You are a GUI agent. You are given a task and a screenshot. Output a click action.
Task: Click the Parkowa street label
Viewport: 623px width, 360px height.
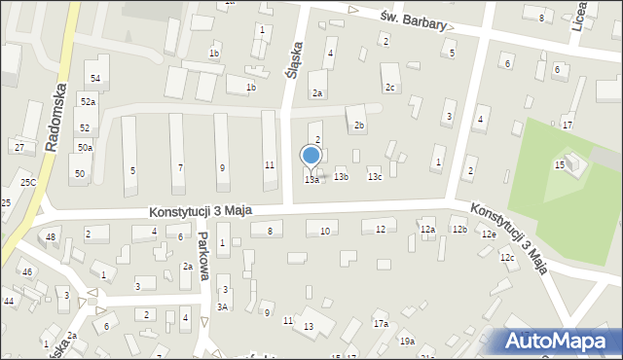click(x=203, y=255)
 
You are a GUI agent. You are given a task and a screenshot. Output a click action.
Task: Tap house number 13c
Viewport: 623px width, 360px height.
click(x=374, y=177)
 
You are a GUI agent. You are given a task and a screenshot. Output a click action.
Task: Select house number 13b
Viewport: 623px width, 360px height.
click(x=341, y=177)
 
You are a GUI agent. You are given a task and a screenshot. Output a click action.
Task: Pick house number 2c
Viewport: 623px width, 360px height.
click(x=389, y=89)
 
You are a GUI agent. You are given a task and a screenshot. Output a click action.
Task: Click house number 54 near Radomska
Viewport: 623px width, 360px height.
click(x=94, y=78)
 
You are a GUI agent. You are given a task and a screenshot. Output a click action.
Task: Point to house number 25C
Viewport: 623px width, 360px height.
click(x=28, y=182)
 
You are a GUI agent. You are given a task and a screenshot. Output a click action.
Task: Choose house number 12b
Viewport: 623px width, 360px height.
click(x=458, y=229)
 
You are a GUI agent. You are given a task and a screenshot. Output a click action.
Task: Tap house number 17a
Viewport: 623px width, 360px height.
click(x=381, y=323)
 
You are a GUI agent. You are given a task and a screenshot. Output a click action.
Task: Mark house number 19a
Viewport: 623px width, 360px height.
click(x=406, y=342)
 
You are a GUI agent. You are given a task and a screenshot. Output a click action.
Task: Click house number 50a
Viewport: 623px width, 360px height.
click(x=86, y=147)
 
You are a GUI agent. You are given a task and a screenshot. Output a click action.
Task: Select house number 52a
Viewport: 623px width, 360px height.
click(x=89, y=102)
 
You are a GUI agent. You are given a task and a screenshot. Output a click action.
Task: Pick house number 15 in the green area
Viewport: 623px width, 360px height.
click(x=560, y=165)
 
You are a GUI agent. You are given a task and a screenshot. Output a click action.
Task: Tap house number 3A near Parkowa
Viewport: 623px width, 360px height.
click(x=222, y=307)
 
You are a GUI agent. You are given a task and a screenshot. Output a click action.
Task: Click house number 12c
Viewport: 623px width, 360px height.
click(x=507, y=258)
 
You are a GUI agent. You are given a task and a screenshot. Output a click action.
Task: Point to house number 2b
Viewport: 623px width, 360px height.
click(x=359, y=126)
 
